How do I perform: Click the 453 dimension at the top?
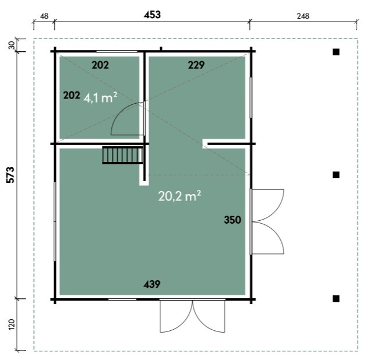[152, 15]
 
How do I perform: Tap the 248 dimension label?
[303, 16]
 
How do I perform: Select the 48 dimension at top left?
[44, 16]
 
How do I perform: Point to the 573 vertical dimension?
[10, 175]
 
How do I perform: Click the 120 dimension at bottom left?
[12, 324]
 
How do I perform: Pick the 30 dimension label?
[11, 45]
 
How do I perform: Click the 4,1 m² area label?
[100, 98]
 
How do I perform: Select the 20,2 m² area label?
[179, 196]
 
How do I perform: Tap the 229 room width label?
[196, 65]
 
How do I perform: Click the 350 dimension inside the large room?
[232, 220]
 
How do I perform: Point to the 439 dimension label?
[152, 284]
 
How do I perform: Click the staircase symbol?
[122, 155]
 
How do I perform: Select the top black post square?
[336, 52]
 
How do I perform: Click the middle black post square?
[336, 175]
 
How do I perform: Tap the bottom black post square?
[336, 298]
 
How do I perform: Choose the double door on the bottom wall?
[192, 315]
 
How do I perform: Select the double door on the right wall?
[267, 221]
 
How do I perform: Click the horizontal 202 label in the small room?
[100, 65]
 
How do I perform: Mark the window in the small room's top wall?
[117, 51]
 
